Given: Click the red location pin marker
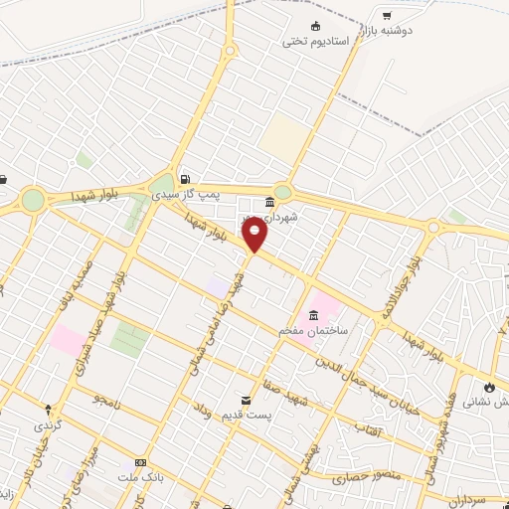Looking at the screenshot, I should pyautogui.click(x=255, y=236).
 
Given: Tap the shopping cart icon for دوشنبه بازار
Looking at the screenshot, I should pyautogui.click(x=387, y=15).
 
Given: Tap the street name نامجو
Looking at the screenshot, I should pyautogui.click(x=105, y=399).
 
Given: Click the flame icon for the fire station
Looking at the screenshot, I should pyautogui.click(x=489, y=385).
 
